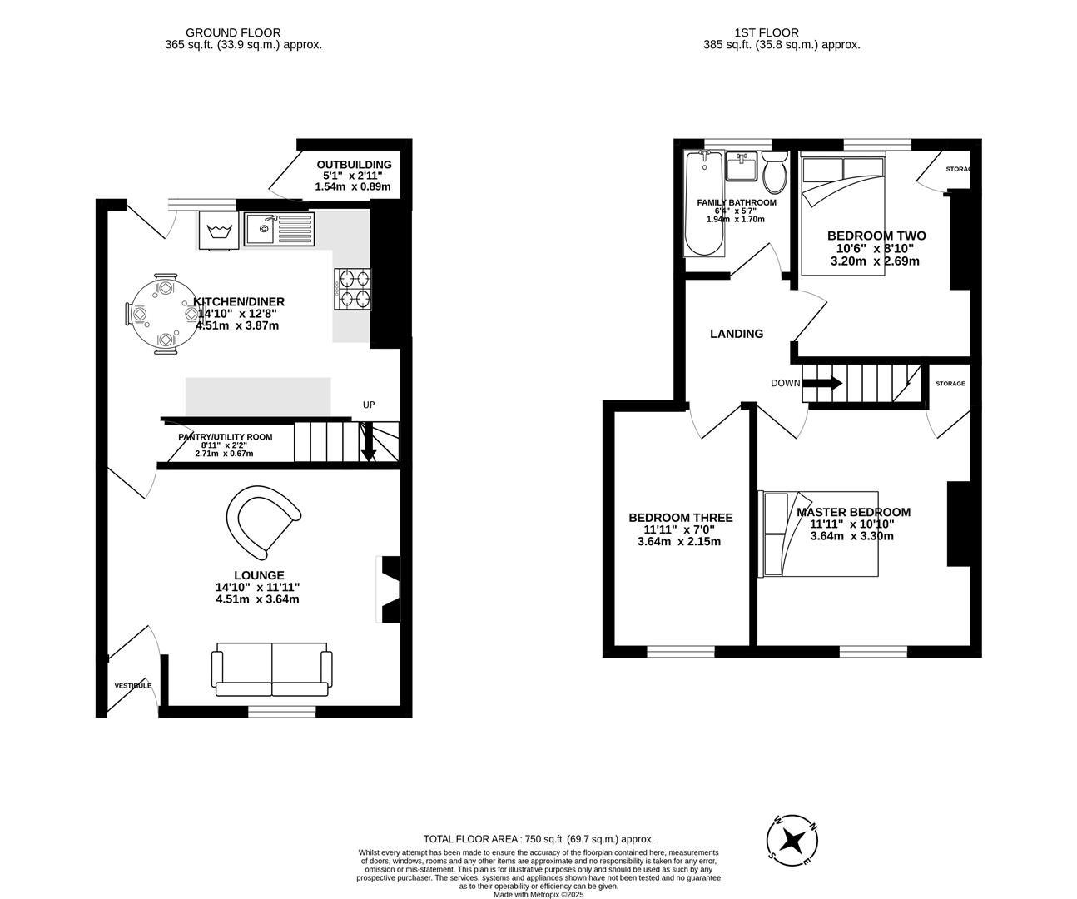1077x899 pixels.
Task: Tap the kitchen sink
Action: [x=280, y=229]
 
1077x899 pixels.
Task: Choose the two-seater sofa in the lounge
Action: [x=272, y=668]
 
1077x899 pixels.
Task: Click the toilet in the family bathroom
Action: [x=775, y=171]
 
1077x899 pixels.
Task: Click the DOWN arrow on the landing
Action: [x=822, y=384]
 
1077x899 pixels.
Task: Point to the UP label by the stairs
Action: [x=369, y=405]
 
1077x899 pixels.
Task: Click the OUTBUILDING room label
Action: [x=354, y=165]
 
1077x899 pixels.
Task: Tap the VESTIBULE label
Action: [x=133, y=686]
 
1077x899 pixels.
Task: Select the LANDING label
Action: [x=737, y=334]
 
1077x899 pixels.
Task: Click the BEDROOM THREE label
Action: [x=681, y=518]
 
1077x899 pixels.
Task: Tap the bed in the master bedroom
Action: [x=820, y=534]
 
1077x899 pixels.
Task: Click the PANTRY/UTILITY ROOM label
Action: [x=225, y=437]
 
